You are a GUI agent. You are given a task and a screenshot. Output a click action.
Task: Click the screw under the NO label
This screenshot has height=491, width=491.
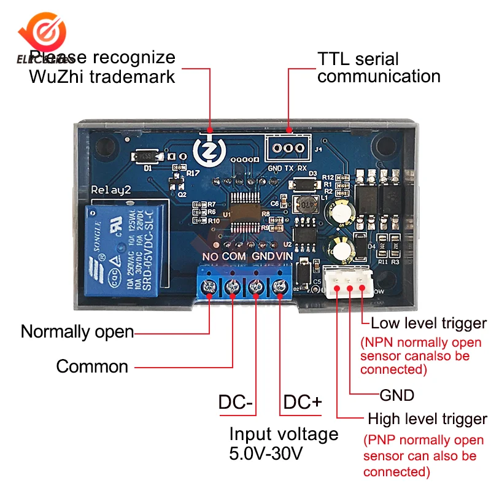pos(210,286)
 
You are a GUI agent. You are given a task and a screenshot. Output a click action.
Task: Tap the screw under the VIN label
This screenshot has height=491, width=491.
pos(280,286)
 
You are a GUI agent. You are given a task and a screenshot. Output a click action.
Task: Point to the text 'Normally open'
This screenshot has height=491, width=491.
pos(77,332)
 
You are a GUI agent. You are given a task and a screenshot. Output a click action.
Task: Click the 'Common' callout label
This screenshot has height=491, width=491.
pos(92,367)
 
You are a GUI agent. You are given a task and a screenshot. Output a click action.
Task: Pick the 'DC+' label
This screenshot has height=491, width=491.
pos(302,403)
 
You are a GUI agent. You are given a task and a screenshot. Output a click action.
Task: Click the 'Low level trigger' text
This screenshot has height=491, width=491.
pos(428,323)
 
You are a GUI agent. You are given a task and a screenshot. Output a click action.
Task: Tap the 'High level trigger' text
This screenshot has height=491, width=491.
pos(427,420)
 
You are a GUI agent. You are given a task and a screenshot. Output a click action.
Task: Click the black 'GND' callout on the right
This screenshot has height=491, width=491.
pos(397,394)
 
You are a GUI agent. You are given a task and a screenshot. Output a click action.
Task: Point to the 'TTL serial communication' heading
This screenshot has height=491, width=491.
pos(379,68)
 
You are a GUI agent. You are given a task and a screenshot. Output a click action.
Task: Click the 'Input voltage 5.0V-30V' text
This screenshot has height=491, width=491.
pos(284,443)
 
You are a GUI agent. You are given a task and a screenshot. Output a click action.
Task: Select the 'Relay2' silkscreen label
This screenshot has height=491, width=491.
pos(110,190)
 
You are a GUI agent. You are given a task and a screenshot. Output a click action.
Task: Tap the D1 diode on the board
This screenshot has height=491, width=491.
pos(147,158)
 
